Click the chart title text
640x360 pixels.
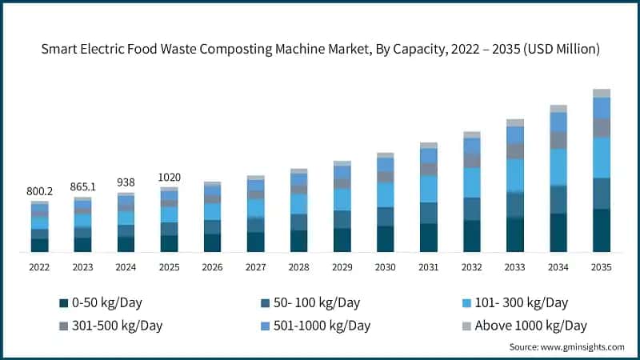[x=320, y=50]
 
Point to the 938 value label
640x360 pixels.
[x=126, y=182]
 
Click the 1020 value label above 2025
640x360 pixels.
[x=169, y=177]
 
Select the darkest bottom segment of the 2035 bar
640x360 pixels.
[x=602, y=230]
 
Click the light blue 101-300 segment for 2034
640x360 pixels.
[x=558, y=166]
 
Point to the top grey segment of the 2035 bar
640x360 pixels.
[x=602, y=93]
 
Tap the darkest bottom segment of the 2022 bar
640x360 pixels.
[x=39, y=245]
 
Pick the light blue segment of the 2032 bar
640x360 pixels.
[x=472, y=182]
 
